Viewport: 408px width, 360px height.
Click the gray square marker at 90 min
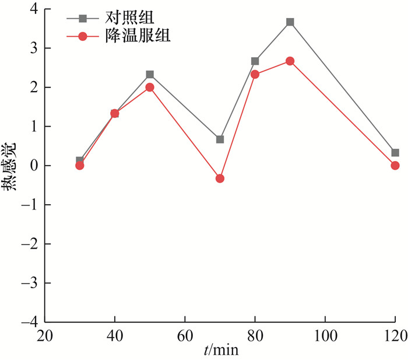(290, 22)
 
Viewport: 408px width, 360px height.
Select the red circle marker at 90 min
(290, 61)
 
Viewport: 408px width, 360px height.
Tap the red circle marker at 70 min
(220, 178)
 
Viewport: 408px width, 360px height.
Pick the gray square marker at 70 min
(220, 139)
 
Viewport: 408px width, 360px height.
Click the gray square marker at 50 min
(150, 75)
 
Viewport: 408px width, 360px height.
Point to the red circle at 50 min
(150, 87)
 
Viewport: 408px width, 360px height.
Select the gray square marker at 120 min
(395, 153)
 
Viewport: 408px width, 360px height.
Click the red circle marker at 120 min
(395, 166)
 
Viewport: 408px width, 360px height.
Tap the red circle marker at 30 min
(80, 166)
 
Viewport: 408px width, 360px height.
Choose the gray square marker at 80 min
(255, 61)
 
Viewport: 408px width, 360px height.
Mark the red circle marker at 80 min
(255, 74)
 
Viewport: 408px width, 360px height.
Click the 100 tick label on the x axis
(324, 336)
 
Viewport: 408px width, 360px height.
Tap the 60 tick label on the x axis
(185, 336)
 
